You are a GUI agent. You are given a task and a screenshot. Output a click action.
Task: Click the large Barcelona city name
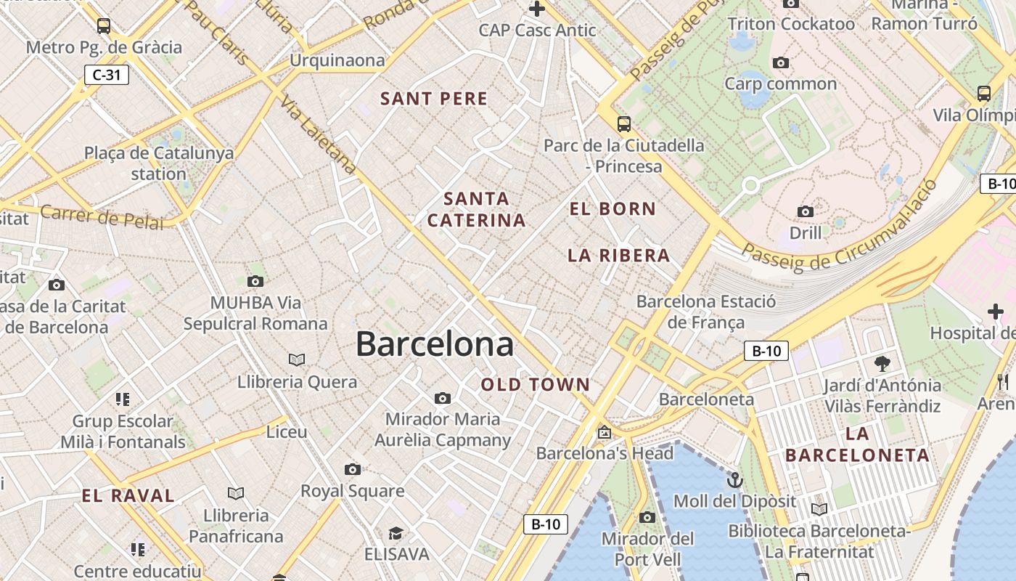[435, 344]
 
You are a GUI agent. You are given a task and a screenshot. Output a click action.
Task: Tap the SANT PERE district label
[434, 99]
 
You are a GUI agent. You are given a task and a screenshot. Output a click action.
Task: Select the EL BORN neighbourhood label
[613, 209]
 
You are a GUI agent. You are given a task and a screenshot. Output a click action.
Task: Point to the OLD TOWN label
[536, 385]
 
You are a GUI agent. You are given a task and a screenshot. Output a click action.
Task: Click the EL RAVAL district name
[128, 496]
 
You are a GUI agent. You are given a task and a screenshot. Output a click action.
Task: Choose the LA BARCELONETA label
[857, 445]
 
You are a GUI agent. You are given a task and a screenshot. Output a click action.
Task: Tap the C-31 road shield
[107, 74]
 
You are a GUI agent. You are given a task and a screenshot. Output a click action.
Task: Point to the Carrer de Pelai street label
[102, 217]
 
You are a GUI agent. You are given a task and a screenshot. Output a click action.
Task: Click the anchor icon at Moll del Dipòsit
[735, 480]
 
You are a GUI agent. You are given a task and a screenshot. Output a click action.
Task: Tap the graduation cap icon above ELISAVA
[396, 534]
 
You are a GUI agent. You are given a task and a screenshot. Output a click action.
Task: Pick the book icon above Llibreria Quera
[297, 359]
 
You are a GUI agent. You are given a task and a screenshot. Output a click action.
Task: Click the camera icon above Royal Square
[353, 469]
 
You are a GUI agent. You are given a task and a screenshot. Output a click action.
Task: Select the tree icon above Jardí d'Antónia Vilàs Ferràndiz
[882, 363]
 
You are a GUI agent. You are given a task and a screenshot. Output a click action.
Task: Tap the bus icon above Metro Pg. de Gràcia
[104, 26]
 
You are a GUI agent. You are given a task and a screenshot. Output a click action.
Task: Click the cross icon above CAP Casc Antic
[537, 9]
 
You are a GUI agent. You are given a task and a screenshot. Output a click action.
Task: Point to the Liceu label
[287, 431]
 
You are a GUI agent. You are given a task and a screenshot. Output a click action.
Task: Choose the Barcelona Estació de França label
[706, 312]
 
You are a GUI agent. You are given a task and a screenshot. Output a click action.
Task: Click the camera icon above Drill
[806, 211]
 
